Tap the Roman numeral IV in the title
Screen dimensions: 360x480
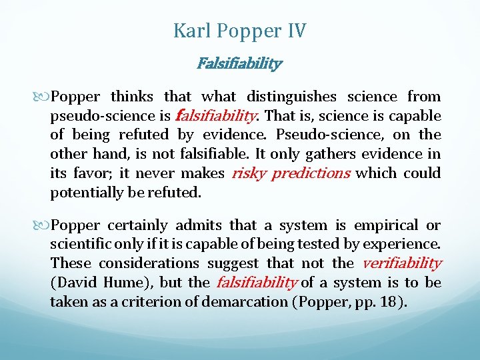click(x=295, y=31)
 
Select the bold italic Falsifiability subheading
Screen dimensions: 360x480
click(x=239, y=64)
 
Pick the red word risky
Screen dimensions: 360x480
click(x=249, y=173)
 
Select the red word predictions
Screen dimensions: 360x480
click(x=312, y=173)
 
